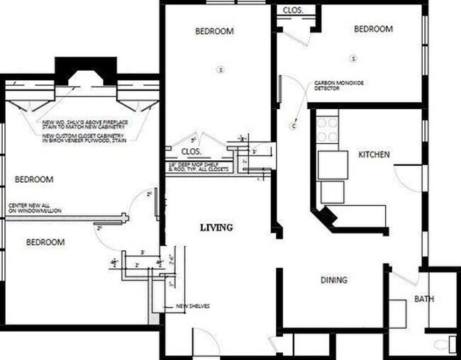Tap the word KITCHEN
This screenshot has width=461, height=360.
[374, 154]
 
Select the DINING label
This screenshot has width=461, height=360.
[333, 280]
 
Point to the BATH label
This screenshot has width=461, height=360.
[424, 299]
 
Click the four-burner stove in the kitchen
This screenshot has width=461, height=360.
[327, 130]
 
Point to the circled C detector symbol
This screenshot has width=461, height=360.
[293, 126]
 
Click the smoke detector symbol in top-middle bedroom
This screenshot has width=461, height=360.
[221, 69]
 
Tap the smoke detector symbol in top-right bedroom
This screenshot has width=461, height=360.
[353, 57]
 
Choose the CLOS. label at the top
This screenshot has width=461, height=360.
[293, 10]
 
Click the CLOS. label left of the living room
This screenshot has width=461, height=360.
[191, 151]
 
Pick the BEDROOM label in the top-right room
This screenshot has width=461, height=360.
[373, 29]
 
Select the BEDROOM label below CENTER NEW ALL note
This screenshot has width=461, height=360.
[45, 242]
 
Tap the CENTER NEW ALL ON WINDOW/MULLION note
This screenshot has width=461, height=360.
[35, 208]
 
